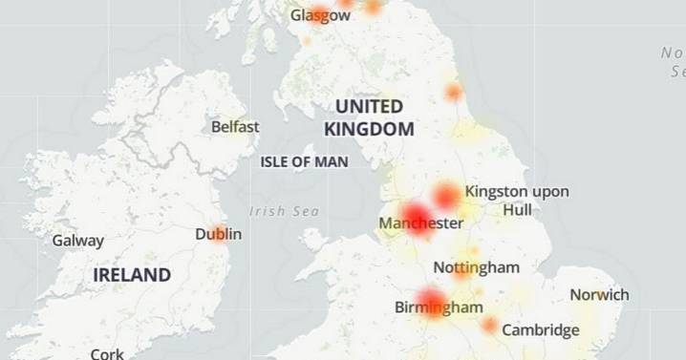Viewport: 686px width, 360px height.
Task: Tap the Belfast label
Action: click(235, 126)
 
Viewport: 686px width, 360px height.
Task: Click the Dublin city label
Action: click(218, 234)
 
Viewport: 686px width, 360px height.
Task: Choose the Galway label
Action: click(77, 241)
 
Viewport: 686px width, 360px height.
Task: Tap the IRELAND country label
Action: click(132, 275)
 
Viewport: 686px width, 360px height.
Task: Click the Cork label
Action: click(107, 353)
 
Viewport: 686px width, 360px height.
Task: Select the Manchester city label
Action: click(420, 223)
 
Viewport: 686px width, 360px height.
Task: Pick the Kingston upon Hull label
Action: click(517, 200)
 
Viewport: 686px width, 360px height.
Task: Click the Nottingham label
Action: click(476, 266)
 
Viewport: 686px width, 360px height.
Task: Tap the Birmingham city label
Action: click(439, 307)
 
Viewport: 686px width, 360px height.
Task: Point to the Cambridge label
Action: click(541, 330)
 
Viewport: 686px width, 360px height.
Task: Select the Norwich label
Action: click(599, 295)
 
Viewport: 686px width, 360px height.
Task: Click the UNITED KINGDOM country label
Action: click(369, 117)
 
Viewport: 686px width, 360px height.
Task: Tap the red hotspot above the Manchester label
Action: click(417, 213)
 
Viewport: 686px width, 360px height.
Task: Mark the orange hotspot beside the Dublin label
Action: click(220, 232)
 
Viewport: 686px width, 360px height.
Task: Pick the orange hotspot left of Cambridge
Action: click(489, 327)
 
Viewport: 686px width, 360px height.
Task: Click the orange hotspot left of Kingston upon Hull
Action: click(447, 196)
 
